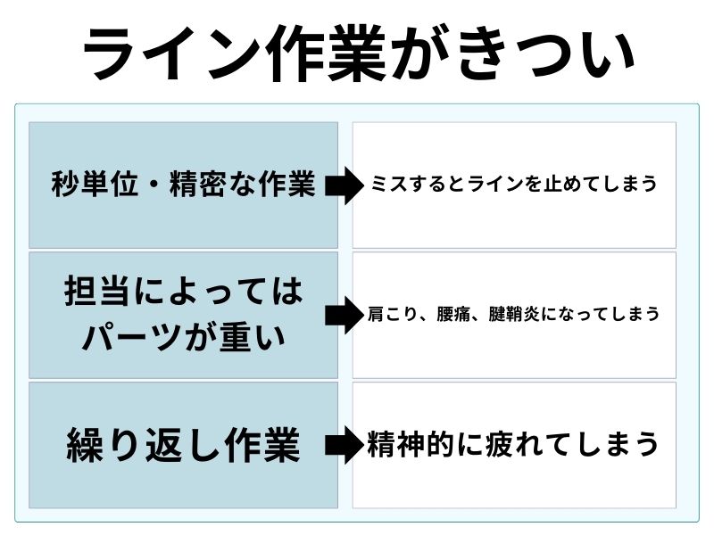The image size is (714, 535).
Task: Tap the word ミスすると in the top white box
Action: pos(407,185)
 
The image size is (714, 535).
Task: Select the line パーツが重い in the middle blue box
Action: pos(184,337)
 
